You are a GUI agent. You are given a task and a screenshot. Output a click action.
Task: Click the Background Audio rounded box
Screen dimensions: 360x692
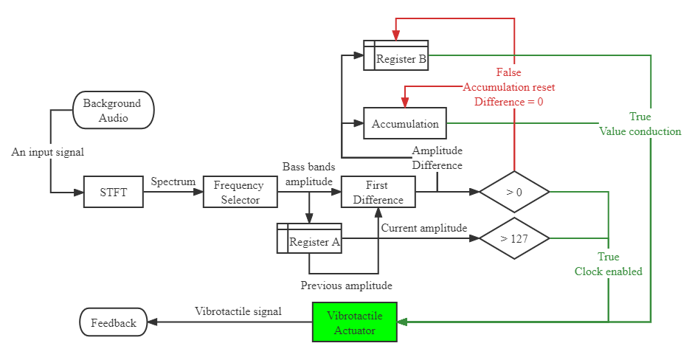pyautogui.click(x=114, y=110)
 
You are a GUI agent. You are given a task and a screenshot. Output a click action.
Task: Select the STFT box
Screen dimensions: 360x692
pyautogui.click(x=113, y=193)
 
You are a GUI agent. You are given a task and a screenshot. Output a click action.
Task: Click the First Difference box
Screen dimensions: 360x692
pyautogui.click(x=378, y=192)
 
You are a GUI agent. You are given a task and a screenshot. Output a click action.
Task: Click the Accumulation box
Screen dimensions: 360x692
pyautogui.click(x=405, y=123)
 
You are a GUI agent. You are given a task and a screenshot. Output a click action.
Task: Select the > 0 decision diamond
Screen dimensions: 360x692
pyautogui.click(x=514, y=193)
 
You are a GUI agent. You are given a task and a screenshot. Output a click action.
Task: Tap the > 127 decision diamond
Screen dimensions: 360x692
pyautogui.click(x=514, y=238)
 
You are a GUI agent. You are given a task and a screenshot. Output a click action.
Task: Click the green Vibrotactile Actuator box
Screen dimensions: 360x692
pyautogui.click(x=355, y=322)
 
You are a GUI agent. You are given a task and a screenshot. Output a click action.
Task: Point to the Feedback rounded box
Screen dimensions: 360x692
pyautogui.click(x=114, y=322)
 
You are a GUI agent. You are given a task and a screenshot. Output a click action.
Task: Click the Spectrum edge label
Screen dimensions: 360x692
pyautogui.click(x=173, y=181)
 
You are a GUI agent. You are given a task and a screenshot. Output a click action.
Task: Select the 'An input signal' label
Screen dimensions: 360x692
pyautogui.click(x=47, y=152)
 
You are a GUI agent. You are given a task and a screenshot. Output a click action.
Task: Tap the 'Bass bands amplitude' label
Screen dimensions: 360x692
pyautogui.click(x=309, y=174)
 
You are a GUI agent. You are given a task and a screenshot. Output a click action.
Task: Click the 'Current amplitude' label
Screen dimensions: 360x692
pyautogui.click(x=423, y=228)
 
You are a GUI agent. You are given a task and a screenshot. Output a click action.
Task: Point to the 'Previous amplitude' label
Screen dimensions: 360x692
pyautogui.click(x=346, y=285)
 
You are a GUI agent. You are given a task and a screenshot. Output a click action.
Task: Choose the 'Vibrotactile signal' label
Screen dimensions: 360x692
pyautogui.click(x=238, y=311)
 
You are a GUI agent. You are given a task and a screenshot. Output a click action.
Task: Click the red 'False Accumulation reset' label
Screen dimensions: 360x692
pyautogui.click(x=508, y=87)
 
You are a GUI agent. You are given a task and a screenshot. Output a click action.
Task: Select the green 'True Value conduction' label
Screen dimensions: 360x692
pyautogui.click(x=640, y=124)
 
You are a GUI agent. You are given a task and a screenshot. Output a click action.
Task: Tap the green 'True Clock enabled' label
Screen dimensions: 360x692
pyautogui.click(x=609, y=264)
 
